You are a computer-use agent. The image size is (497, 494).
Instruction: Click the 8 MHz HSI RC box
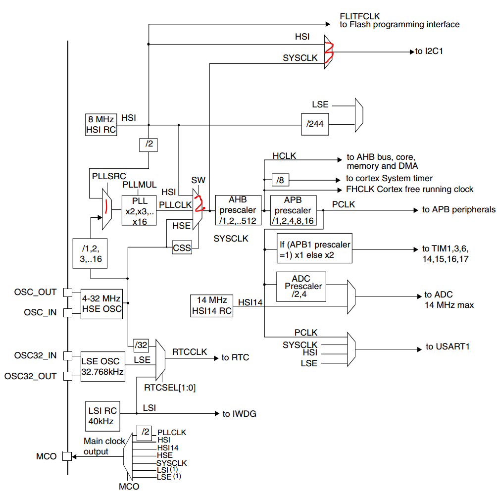point(101,125)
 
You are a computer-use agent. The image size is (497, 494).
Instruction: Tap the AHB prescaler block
point(238,210)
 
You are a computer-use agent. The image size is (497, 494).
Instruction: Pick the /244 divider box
point(315,124)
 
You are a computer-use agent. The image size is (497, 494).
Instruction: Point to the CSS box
point(182,248)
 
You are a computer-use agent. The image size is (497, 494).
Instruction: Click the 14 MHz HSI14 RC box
point(211,305)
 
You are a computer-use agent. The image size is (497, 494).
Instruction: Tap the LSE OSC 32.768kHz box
point(103,366)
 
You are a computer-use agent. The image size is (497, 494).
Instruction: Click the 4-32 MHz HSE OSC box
point(101,304)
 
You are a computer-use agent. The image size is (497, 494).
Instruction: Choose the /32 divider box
point(141,345)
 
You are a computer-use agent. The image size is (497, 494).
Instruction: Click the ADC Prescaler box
point(301,286)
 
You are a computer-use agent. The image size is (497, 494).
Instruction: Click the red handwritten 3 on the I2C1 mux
point(329,51)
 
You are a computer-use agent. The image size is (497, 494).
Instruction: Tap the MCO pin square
point(66,456)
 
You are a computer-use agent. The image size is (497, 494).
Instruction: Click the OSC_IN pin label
point(40,312)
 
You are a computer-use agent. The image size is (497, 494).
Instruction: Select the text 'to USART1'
point(447,346)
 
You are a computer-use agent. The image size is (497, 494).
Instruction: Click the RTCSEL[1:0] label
point(170,388)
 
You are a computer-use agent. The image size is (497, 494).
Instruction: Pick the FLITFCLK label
point(360,15)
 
